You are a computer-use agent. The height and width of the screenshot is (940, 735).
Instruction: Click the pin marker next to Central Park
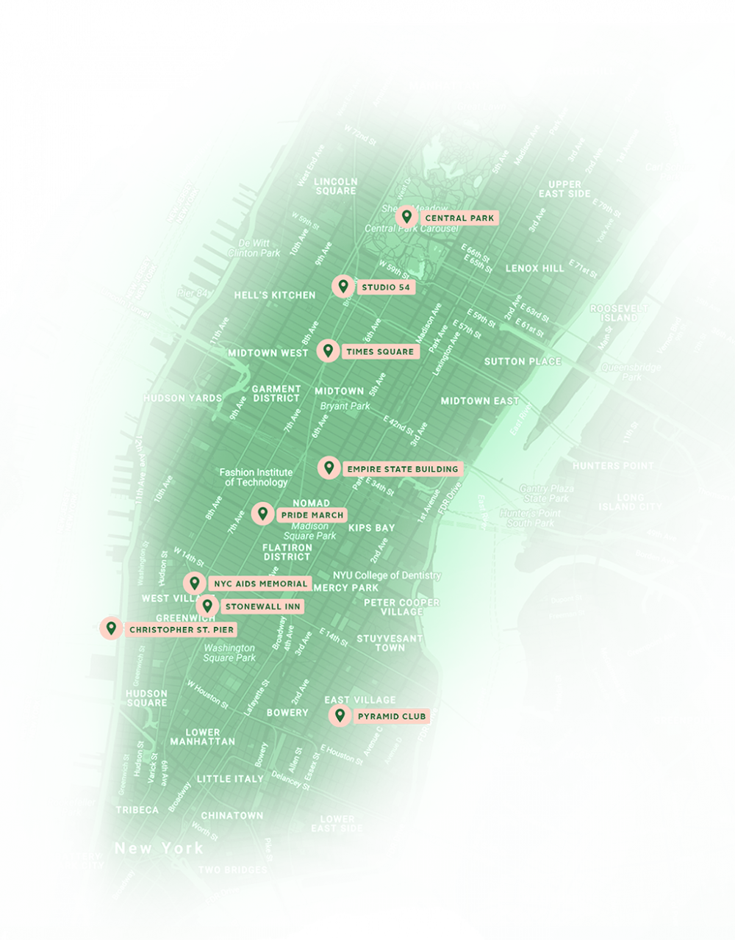click(x=406, y=217)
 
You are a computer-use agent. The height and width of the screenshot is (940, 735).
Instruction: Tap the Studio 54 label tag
click(x=386, y=287)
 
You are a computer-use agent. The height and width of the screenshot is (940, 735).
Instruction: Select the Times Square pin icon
click(x=328, y=351)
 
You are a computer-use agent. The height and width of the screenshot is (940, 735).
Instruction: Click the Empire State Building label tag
click(x=402, y=469)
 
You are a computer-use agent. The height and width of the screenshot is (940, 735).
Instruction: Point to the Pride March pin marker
click(x=262, y=514)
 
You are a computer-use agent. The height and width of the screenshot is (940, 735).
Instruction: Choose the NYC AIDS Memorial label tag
click(x=259, y=584)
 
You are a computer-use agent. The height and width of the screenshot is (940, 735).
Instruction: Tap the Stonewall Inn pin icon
click(x=207, y=606)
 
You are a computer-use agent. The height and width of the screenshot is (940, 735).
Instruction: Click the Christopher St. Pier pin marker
click(x=111, y=628)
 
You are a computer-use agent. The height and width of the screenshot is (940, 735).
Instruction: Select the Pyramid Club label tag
click(x=392, y=716)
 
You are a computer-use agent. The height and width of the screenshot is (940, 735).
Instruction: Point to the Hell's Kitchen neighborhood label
click(x=274, y=295)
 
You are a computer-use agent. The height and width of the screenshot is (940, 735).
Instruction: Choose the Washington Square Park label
click(x=229, y=653)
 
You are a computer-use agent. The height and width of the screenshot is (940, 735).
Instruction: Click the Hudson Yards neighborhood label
click(x=182, y=398)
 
